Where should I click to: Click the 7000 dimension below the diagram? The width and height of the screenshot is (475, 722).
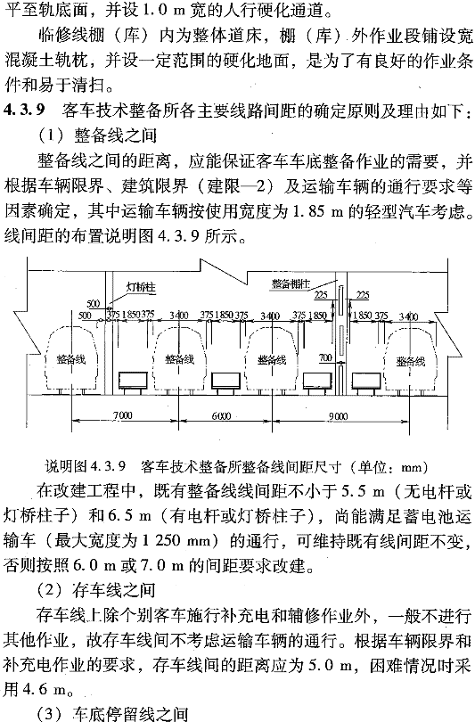[x=122, y=414]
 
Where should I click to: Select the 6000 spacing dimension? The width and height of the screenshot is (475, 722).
[x=221, y=415]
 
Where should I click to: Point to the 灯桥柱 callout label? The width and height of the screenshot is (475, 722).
[x=141, y=287]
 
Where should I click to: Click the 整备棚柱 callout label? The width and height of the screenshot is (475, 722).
[x=291, y=283]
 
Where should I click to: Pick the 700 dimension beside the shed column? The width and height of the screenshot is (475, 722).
[x=325, y=357]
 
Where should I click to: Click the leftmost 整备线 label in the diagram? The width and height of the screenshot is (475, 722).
[x=71, y=358]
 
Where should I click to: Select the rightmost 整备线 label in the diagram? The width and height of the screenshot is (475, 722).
[x=411, y=362]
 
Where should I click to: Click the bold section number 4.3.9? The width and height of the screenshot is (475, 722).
[x=24, y=111]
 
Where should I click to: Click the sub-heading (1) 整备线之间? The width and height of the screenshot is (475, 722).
[x=97, y=135]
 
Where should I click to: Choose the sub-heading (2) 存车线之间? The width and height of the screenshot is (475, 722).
[x=96, y=590]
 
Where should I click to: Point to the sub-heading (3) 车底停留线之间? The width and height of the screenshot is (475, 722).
[x=112, y=714]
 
